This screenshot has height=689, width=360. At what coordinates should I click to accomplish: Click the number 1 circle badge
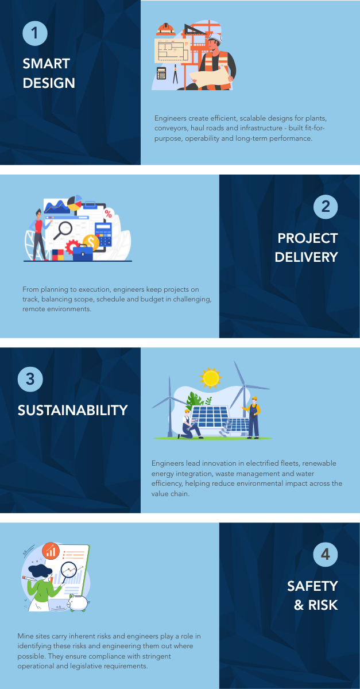pyautogui.click(x=35, y=33)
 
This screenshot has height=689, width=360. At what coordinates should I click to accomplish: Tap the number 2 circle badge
pyautogui.click(x=326, y=207)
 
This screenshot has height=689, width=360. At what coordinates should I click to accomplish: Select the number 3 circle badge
pyautogui.click(x=30, y=380)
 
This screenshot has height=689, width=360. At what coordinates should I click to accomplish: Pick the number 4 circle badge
pyautogui.click(x=325, y=555)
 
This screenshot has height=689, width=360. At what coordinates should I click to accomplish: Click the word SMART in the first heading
pyautogui.click(x=47, y=64)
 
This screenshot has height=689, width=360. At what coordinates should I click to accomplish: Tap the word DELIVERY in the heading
pyautogui.click(x=307, y=257)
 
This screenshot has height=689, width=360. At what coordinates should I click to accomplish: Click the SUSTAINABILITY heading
pyautogui.click(x=72, y=411)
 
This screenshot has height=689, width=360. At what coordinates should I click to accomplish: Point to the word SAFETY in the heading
pyautogui.click(x=312, y=586)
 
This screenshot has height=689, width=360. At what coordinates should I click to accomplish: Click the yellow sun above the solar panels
pyautogui.click(x=211, y=377)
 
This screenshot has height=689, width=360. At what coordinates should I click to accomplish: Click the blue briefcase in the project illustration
pyautogui.click(x=83, y=253)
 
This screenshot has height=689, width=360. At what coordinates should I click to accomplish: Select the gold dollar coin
pyautogui.click(x=91, y=242)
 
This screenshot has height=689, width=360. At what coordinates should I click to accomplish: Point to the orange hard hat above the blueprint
pyautogui.click(x=166, y=29)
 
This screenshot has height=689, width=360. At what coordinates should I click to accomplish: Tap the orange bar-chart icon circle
pyautogui.click(x=51, y=551)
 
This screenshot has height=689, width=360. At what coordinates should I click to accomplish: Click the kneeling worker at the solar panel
pyautogui.click(x=189, y=424)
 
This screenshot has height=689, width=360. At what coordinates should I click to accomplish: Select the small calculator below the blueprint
pyautogui.click(x=161, y=73)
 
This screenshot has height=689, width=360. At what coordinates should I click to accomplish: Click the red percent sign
pyautogui.click(x=109, y=214)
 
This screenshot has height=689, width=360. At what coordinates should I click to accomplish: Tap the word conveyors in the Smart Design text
pyautogui.click(x=171, y=128)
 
